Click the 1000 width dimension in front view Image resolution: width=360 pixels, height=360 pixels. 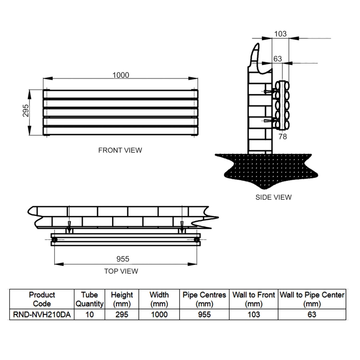[x=121, y=75]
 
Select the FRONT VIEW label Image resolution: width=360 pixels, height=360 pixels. [x=120, y=150]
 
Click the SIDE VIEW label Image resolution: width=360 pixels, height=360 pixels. [x=273, y=197]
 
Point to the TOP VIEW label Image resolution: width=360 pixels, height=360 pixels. [x=121, y=271]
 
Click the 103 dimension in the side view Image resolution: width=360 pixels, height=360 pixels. [x=280, y=34]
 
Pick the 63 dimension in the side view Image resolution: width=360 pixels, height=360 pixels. [x=278, y=59]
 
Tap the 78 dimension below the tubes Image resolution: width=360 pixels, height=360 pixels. [x=283, y=136]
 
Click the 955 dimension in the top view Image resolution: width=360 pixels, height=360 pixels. [x=123, y=259]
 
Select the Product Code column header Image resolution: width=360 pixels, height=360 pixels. [x=42, y=299]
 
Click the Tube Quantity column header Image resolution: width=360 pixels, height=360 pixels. [x=90, y=299]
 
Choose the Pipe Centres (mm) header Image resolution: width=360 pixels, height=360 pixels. [x=204, y=299]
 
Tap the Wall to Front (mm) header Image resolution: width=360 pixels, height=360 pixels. [x=253, y=299]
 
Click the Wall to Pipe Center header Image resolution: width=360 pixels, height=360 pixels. [x=312, y=299]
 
